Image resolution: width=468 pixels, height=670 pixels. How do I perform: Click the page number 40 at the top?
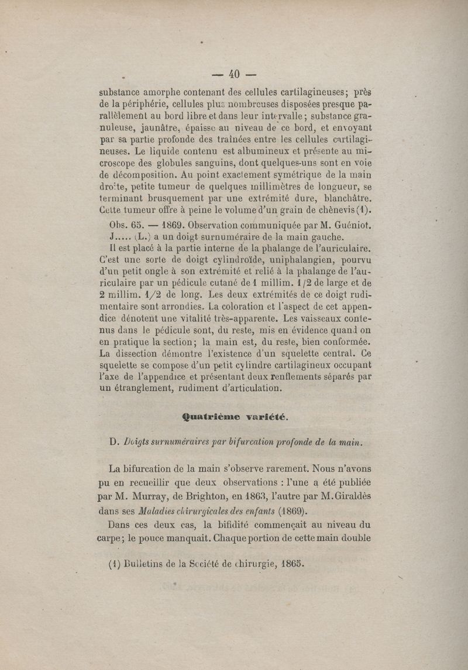tap(234, 74)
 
